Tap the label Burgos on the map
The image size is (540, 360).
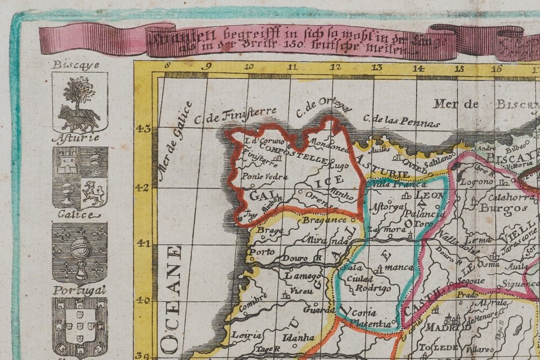495,208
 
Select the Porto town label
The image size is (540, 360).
260,252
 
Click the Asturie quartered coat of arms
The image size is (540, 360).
80,178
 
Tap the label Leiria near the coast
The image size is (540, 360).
246,336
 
